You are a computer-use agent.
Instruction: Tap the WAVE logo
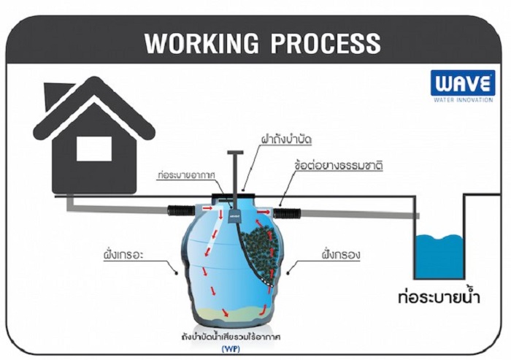pyautogui.click(x=462, y=83)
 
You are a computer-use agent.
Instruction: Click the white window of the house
pyautogui.click(x=93, y=149)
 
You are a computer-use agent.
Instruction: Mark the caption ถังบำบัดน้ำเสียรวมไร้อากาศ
pyautogui.click(x=232, y=337)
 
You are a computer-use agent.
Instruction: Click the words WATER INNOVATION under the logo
pyautogui.click(x=463, y=100)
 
